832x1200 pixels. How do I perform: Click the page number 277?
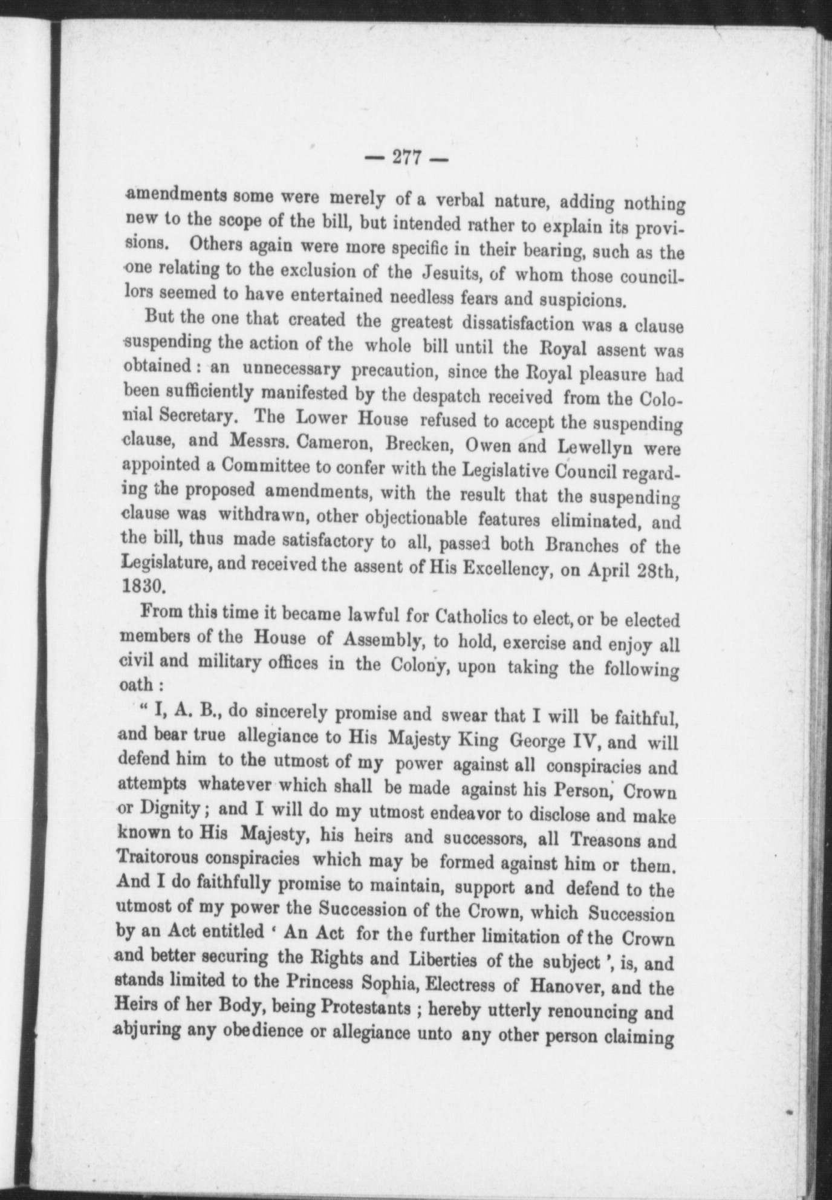click(x=406, y=158)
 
